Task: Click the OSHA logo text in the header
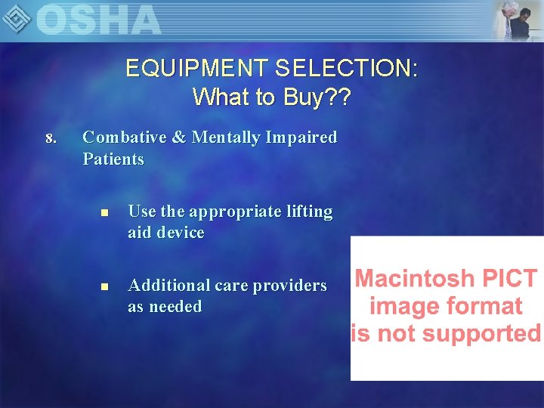[x=98, y=20]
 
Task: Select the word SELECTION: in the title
[x=346, y=69]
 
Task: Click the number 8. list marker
[x=51, y=138]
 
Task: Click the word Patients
[x=113, y=159]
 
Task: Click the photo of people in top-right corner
[x=517, y=20]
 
